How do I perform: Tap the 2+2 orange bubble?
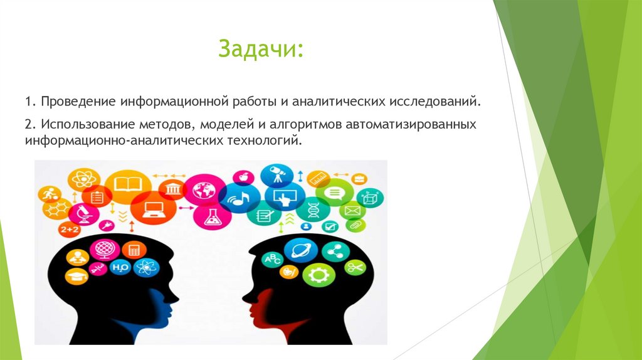coord(68,230)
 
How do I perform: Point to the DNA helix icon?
coord(312,209)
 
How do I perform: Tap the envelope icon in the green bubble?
coord(351,211)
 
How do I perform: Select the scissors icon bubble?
coord(354,268)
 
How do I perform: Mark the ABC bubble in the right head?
coord(274,258)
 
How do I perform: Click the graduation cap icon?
coord(76,277)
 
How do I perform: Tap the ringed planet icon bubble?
coord(297,250)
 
